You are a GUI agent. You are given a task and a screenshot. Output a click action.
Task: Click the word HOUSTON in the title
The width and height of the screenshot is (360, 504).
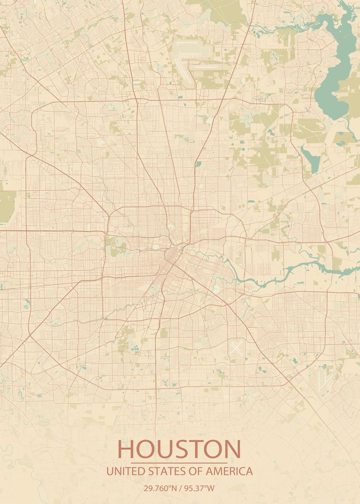pos(179,449)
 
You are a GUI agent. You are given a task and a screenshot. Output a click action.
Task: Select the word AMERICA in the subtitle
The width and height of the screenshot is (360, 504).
pos(232,471)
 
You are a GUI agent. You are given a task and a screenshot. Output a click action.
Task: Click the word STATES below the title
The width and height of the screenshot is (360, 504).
pos(165,471)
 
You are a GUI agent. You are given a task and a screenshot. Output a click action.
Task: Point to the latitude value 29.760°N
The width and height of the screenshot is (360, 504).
pos(160,488)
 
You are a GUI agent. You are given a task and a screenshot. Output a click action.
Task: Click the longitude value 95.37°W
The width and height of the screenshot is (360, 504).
pos(199,488)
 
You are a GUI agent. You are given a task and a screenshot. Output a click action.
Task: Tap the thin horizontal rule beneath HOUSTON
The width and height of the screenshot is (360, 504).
pos(179,462)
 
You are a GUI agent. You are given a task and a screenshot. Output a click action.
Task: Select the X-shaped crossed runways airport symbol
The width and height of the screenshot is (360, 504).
pos(236,348)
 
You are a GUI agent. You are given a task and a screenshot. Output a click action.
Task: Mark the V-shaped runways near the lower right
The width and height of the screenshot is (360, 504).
pos(323,380)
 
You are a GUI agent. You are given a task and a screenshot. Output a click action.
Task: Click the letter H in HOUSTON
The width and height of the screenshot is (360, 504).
pos(126,449)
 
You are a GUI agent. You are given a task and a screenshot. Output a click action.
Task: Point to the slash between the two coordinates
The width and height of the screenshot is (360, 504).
pos(180,488)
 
